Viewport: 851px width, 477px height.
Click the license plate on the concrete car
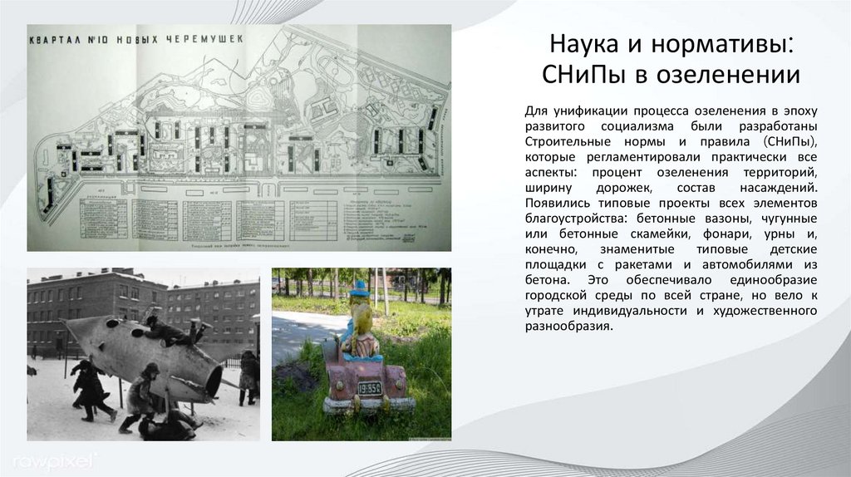(369, 387)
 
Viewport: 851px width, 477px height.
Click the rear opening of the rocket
(214, 380)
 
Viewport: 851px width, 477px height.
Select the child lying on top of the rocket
(170, 332)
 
